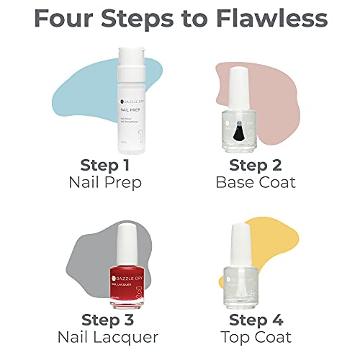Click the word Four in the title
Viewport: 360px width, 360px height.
(x=68, y=19)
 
